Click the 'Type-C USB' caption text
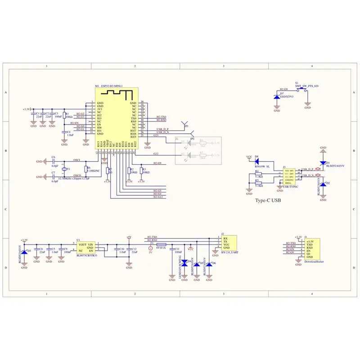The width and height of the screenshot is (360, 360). tap(268, 201)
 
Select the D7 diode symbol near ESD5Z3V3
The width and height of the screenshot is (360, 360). tap(276, 97)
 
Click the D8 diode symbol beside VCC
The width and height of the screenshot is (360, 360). tap(257, 160)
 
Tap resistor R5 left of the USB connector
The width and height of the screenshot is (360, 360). tap(258, 182)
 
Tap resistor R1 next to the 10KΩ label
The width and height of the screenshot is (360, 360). tap(64, 116)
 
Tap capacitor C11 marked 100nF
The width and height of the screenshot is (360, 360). tap(172, 250)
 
